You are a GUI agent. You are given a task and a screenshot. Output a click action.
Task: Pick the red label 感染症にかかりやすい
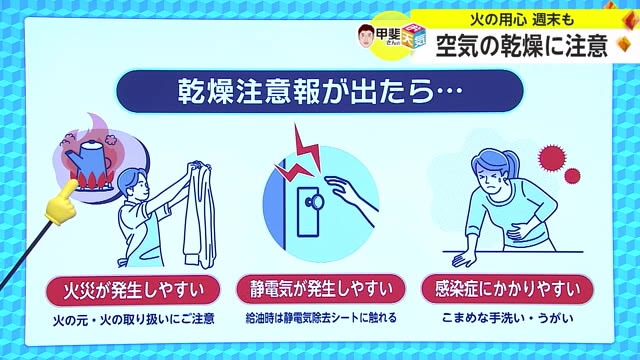(511, 292)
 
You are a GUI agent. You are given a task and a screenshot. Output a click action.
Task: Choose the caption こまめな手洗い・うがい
(511, 321)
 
